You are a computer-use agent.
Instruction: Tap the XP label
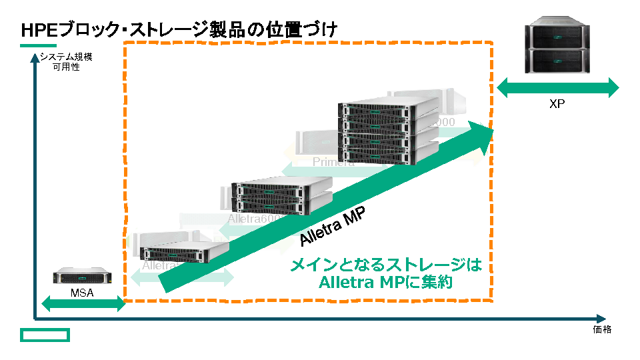557,104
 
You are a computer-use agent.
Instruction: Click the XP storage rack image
559,48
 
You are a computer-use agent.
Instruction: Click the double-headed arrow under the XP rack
557,87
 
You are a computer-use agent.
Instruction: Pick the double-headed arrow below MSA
83,305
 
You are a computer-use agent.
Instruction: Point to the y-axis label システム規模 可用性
66,61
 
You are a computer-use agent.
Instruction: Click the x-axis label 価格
602,329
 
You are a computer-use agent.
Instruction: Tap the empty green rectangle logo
45,334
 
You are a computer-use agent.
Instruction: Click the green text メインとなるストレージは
385,265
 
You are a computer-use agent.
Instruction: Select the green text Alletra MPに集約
385,282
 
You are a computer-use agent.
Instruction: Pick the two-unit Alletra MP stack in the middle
280,195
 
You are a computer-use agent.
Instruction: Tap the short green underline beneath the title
39,45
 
